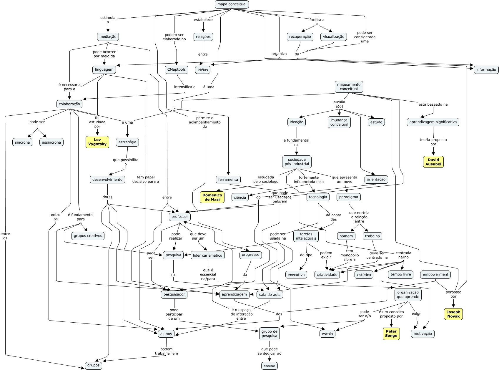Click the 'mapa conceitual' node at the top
pos(232,4)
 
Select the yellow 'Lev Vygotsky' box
pos(97,142)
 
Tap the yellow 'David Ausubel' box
pos(433,162)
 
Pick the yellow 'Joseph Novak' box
pos(453,314)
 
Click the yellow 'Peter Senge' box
pos(391,334)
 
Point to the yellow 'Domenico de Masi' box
pos(212,197)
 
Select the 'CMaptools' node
pos(177,69)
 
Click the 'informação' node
pos(486,70)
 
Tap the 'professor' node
pos(180,217)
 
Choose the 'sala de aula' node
pos(270,294)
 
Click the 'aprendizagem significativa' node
pos(433,122)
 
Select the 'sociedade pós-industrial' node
pos(297,162)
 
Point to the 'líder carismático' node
pos(208,255)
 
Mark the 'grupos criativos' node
pos(88,236)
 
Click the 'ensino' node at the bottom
pos(269,366)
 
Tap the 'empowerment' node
pos(435,275)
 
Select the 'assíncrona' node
pos(51,142)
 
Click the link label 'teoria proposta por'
pos(433,142)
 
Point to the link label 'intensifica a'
pos(185,87)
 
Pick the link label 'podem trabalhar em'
pos(167,351)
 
